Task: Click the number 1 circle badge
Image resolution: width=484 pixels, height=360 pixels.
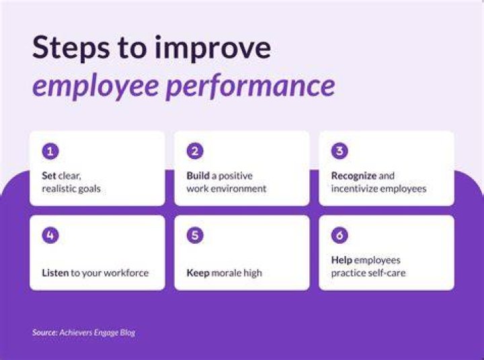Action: point(50,151)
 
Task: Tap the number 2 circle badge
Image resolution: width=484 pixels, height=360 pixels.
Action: point(195,151)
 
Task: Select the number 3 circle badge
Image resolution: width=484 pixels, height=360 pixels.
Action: point(339,151)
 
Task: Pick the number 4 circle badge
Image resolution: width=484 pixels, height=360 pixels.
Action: point(50,235)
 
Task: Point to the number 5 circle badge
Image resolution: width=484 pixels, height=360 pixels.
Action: point(195,235)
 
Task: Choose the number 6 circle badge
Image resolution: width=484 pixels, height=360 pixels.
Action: point(339,235)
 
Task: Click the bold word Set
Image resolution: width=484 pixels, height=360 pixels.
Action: point(49,175)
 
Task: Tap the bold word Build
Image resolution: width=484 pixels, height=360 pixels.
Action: point(198,175)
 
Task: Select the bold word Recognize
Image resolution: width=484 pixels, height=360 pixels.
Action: point(354,176)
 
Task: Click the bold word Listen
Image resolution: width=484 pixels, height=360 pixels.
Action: point(55,273)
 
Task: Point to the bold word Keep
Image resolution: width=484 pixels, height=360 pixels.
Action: point(198,273)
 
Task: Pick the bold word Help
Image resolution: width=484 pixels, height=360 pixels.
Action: point(341,260)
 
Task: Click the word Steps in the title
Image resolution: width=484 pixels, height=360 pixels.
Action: point(71,48)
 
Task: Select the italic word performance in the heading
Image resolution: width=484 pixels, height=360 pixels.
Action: point(250,85)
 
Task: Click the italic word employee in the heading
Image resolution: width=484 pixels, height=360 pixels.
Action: point(95,87)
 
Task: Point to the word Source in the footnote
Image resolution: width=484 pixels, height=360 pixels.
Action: point(45,332)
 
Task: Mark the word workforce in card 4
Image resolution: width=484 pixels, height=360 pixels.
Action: point(126,273)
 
